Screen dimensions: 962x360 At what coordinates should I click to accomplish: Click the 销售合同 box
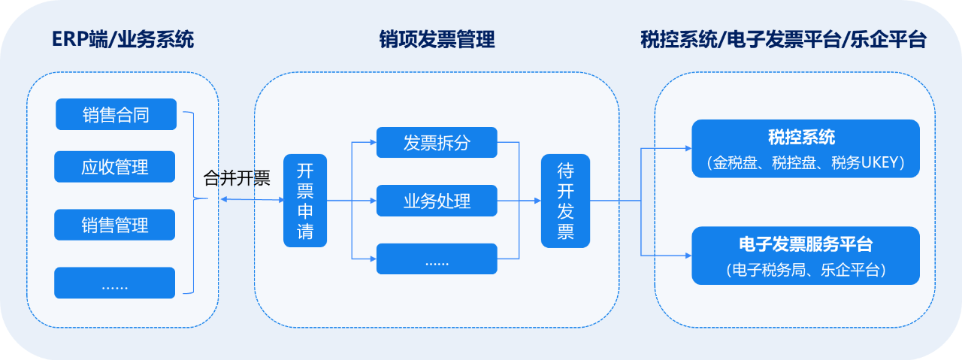116,114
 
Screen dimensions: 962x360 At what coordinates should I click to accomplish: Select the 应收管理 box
115,167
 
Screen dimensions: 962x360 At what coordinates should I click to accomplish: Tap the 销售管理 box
115,225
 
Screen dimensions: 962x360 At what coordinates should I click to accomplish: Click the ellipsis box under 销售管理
115,283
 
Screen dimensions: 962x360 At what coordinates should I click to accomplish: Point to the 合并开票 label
237,178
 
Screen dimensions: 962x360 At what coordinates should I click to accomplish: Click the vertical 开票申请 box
305,201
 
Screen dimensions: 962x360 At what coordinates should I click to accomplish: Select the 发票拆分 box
437,142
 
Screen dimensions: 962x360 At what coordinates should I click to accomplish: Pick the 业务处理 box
437,201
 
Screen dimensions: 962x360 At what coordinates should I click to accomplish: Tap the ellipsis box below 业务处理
437,259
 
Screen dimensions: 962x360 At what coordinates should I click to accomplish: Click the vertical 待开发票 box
565,201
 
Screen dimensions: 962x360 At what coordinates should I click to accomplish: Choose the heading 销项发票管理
437,39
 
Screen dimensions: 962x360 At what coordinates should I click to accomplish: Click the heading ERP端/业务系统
123,39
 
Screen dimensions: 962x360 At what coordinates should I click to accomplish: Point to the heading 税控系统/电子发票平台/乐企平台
783,39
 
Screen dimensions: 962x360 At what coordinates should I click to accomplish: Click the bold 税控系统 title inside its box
801,138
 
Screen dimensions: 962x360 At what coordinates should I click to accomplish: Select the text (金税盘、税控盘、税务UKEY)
806,163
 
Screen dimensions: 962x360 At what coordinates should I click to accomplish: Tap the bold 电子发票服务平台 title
806,244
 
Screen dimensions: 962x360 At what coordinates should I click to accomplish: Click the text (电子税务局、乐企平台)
806,270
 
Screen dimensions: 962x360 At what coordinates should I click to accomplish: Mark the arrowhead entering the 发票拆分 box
374,142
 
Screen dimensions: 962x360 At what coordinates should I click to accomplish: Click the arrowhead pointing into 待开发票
537,201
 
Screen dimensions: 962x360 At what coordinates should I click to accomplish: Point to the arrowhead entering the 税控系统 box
688,149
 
